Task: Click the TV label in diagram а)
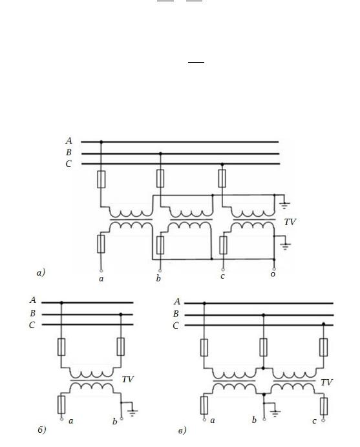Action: tap(290, 222)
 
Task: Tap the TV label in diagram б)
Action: tap(127, 380)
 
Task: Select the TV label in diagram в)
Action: tap(326, 382)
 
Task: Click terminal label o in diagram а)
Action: tap(273, 274)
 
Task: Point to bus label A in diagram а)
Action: tap(69, 140)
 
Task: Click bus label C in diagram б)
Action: tap(32, 325)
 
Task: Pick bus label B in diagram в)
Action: tap(176, 314)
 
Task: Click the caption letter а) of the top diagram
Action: tap(41, 273)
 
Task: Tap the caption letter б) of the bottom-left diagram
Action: tap(41, 430)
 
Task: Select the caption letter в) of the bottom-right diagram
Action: tap(182, 430)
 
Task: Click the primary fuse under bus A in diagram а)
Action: tap(101, 179)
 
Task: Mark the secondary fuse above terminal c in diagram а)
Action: tap(223, 245)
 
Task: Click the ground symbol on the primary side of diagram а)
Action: tap(284, 205)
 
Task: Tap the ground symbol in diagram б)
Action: tap(132, 413)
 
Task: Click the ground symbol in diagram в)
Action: tap(275, 413)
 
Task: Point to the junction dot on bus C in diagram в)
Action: tap(323, 324)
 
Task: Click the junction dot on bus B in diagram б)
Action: tap(121, 314)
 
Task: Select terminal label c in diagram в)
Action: tap(314, 421)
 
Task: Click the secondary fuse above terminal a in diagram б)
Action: tap(61, 404)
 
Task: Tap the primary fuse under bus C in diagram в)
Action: tap(324, 347)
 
